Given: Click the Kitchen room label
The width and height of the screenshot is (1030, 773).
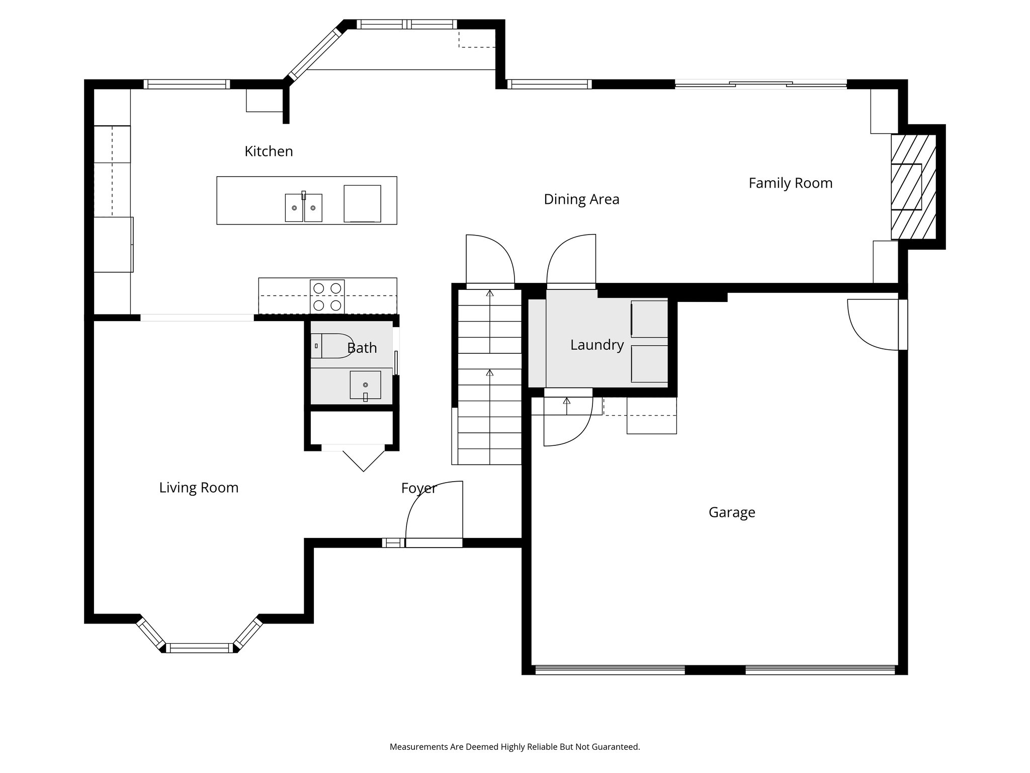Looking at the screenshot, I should tap(269, 151).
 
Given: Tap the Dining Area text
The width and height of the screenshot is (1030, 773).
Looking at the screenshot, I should tap(581, 199).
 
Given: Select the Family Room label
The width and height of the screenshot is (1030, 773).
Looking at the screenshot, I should tap(790, 183).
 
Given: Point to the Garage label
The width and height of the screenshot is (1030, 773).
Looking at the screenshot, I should tap(731, 512).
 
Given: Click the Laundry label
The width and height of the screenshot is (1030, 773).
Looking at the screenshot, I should tap(596, 345).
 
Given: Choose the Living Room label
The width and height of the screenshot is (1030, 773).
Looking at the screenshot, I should tap(199, 488).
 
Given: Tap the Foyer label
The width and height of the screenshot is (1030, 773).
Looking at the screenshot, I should tap(418, 488).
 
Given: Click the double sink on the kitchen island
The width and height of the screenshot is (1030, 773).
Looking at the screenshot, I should tap(303, 207).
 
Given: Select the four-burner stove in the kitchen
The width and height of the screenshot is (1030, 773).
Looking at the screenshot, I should tap(327, 296).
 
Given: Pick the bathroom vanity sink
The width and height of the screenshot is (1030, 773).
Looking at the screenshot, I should tap(365, 385).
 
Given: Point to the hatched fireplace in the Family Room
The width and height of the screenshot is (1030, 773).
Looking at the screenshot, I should tap(913, 187).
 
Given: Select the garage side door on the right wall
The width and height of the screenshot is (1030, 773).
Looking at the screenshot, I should tap(874, 324).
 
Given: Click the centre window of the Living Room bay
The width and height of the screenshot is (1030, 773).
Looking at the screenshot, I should tap(200, 648).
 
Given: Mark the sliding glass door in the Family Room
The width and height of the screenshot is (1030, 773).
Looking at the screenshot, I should tap(760, 85).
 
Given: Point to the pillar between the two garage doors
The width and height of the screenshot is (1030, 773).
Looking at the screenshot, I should tap(715, 669).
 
